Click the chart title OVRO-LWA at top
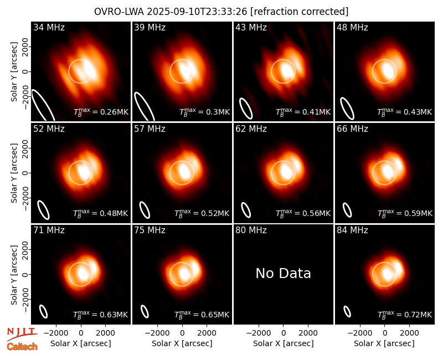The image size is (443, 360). [x=221, y=12]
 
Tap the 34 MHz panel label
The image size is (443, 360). [x=49, y=27]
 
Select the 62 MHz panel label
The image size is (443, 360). [x=251, y=129]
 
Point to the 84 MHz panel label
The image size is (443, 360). [x=352, y=230]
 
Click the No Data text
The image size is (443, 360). [x=283, y=273]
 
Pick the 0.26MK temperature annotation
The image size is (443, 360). [x=101, y=112]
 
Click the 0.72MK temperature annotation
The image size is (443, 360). [x=405, y=314]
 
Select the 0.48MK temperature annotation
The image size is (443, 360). [x=101, y=213]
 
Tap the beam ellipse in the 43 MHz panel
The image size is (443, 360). [x=246, y=109]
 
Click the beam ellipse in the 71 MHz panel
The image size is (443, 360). [x=43, y=312]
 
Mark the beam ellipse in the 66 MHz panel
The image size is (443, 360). [x=347, y=210]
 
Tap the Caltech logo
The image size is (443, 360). [x=22, y=347]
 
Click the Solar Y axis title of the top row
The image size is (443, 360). [x=14, y=72]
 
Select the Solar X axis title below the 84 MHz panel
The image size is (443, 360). [x=384, y=343]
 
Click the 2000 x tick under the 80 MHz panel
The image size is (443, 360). [x=308, y=333]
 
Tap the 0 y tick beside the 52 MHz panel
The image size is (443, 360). [x=25, y=173]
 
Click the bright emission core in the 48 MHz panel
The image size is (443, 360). [x=388, y=71]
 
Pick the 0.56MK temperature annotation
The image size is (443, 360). [x=303, y=213]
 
